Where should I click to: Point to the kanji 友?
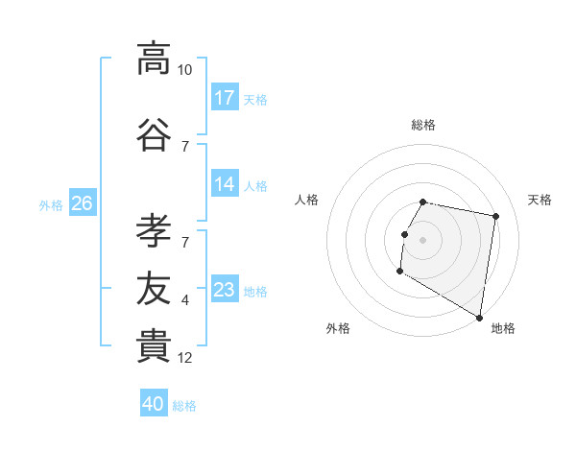coord(154,287)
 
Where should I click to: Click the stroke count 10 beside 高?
coord(185,70)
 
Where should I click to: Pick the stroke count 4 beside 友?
coord(185,300)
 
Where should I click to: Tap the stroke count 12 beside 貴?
coord(185,359)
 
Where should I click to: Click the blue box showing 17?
coord(225,98)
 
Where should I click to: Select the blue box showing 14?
coord(225,184)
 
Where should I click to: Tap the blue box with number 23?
coord(225,290)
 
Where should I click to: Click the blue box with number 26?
coord(83,203)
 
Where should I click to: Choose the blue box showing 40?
coord(154,404)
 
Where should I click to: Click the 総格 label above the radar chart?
coord(423,125)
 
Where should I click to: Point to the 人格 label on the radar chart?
coord(307,200)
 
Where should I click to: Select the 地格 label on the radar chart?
coord(503,328)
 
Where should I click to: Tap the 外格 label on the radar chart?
coord(338,328)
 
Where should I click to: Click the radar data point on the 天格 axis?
coord(495,217)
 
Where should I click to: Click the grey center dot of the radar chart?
coord(423,240)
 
